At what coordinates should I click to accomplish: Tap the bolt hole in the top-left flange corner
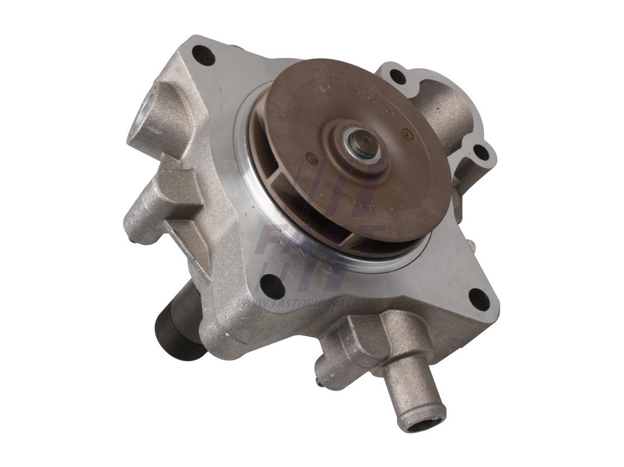[x=204, y=57]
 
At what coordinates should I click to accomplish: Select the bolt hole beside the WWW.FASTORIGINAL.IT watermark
[x=269, y=283]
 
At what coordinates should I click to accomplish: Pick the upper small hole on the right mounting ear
[x=397, y=76]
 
